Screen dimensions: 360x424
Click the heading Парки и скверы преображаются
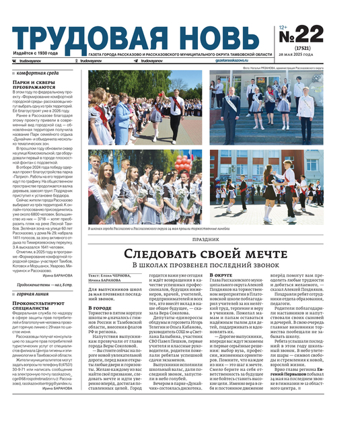point(34,84)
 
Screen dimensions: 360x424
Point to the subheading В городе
point(100,308)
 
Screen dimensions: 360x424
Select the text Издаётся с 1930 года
point(34,52)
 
